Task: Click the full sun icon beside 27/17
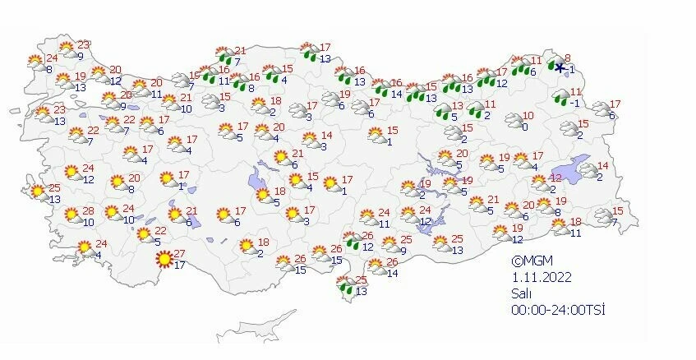tap(165, 259)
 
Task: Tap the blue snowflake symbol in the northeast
tap(559, 68)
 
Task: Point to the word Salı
tap(519, 293)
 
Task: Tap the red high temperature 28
tap(89, 211)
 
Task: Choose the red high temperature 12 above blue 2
tap(556, 178)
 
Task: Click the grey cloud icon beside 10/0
tap(514, 122)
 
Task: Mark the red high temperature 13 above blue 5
tap(459, 106)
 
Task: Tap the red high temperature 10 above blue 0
tap(528, 116)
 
